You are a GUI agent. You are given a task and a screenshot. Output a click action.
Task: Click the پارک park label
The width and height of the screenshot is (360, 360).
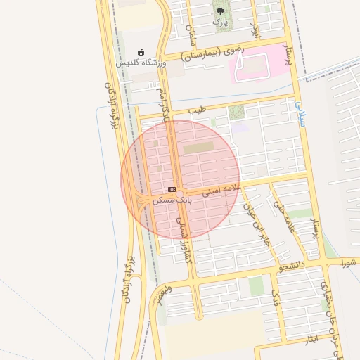click(x=221, y=22)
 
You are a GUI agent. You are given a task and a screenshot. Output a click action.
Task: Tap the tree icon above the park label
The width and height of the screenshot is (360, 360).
click(x=221, y=11)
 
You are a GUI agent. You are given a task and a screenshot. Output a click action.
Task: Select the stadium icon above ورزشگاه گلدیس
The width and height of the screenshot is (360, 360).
click(x=141, y=52)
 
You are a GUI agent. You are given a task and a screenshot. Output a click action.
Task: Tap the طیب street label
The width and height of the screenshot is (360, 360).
click(x=201, y=110)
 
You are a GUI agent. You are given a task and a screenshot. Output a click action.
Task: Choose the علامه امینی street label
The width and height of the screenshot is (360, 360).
click(x=222, y=190)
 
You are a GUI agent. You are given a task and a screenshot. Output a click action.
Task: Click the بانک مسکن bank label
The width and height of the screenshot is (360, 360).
click(x=171, y=200)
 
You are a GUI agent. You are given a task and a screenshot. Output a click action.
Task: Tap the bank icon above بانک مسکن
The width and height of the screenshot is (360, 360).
click(x=172, y=190)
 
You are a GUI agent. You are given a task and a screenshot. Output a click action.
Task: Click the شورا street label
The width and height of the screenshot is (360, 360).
click(x=349, y=263)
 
